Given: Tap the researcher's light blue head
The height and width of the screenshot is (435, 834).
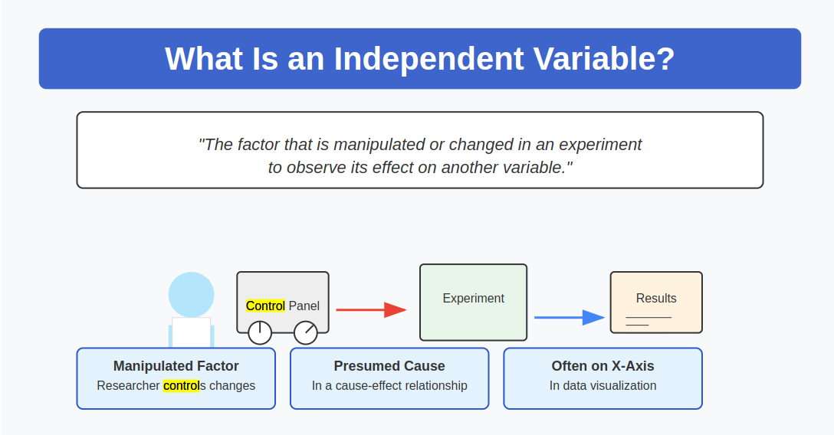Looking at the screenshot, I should [191, 294].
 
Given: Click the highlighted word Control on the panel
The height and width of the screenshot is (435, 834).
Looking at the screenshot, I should [265, 306].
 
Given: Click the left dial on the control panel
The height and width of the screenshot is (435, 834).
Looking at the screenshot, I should [260, 332].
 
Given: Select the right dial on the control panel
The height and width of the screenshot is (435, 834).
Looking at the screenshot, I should [306, 332].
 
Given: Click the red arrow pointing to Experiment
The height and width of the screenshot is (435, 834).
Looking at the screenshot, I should [371, 309].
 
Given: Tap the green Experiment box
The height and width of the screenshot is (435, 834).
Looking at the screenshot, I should [473, 302].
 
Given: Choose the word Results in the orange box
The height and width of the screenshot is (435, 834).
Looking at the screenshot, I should [656, 298].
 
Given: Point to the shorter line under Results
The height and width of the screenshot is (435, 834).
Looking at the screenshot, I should [637, 325].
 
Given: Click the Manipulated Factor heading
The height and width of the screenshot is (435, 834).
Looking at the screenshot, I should [176, 366].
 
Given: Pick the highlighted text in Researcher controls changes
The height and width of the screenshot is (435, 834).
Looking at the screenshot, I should [181, 385].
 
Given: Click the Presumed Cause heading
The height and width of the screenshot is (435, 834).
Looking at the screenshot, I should [389, 366].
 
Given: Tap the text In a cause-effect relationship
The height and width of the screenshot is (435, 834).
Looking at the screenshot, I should [389, 385].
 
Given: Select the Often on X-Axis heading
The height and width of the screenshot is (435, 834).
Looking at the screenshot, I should [603, 366].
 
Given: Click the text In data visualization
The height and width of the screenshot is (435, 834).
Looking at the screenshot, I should [603, 385].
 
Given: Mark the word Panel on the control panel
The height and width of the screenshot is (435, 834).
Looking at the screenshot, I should [304, 306].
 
